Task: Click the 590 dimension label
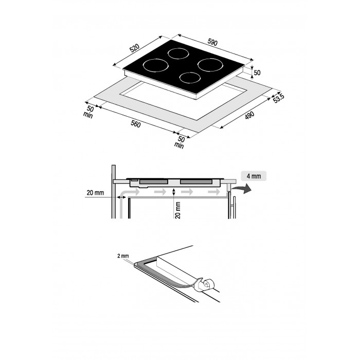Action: point(212,43)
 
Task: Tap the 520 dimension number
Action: point(135,48)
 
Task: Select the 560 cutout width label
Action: point(135,124)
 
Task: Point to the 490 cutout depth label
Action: point(249,116)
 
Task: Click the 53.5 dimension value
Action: point(279,98)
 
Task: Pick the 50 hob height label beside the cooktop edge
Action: point(257,73)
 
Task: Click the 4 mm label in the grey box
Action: point(254,176)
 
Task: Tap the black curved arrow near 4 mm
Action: point(242,189)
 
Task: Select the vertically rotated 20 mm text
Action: point(178,210)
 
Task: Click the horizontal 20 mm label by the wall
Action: point(95,193)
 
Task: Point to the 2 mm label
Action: point(123,256)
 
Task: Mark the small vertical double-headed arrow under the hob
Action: point(174,192)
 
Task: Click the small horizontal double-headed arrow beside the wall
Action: point(121,197)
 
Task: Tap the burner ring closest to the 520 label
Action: point(156,65)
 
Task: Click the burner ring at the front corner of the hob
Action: point(190,78)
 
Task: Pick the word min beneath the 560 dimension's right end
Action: point(179,145)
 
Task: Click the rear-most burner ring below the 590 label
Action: point(178,53)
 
